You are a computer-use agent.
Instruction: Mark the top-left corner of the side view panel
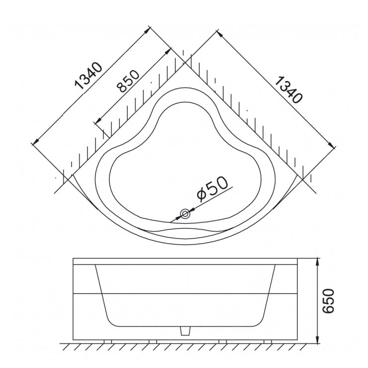[x=73, y=259]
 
